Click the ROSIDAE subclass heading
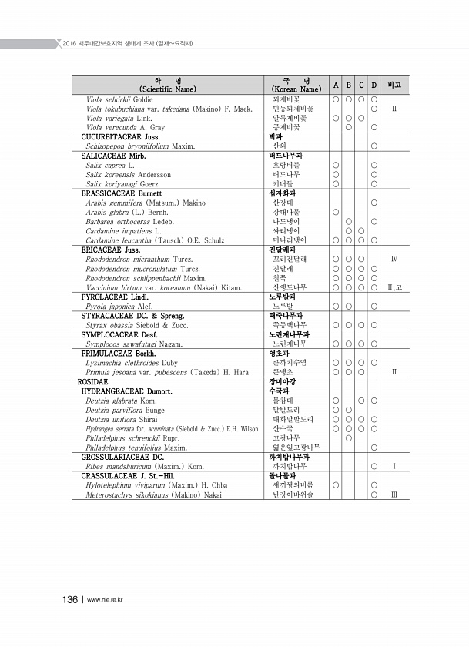pos(93,380)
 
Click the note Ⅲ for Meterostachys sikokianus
pos(394,494)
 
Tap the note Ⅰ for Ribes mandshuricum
pos(394,466)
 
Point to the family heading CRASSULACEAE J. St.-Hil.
pos(128,475)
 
